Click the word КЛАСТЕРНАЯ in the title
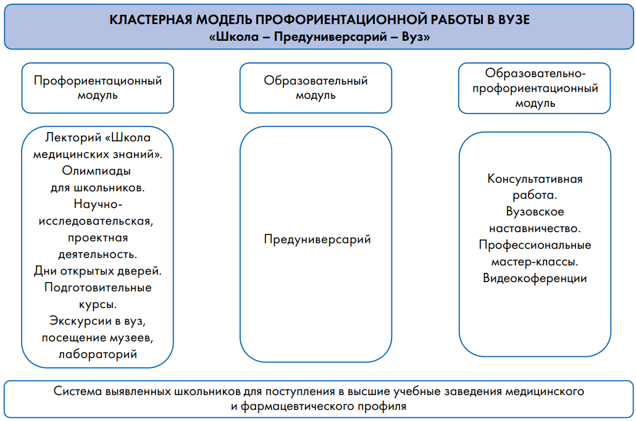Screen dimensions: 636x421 coord(150,20)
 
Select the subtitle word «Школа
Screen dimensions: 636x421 coord(233,37)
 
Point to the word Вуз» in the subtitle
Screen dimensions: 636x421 coord(416,37)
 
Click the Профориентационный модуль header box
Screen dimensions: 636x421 coord(98,88)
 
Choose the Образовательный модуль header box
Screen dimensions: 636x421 coord(316,88)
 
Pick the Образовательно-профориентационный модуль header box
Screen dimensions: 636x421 coord(535,88)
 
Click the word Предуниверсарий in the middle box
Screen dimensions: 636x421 coord(317,240)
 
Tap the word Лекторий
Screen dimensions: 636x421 coord(73,138)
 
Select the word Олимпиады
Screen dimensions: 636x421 coord(96,171)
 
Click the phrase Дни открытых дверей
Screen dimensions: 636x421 coord(98,271)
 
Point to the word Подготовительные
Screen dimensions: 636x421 coord(98,288)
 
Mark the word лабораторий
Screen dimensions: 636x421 coord(98,354)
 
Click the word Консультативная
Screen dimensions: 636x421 coord(535,179)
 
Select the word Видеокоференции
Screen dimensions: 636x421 coord(535,278)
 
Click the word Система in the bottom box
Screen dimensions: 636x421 coord(77,391)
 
